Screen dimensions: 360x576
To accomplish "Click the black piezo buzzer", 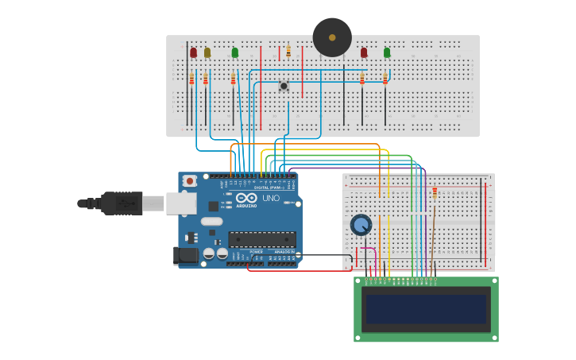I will tap(332, 37).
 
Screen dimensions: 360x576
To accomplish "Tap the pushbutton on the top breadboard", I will tap(284, 86).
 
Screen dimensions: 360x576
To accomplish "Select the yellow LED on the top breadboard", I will tap(207, 52).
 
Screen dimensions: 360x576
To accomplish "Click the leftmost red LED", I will tap(193, 52).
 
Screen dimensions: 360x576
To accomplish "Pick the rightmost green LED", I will tap(387, 52).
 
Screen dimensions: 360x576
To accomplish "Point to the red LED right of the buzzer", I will tap(364, 52).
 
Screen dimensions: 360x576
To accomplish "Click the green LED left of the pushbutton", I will tap(234, 52).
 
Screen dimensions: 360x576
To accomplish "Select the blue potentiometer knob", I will tap(361, 225).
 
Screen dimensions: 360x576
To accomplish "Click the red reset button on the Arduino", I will tap(189, 181).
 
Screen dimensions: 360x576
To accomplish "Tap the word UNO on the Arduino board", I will tap(271, 198).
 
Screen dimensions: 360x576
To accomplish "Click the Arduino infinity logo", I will tap(246, 197).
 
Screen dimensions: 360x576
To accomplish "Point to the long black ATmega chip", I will tap(262, 238).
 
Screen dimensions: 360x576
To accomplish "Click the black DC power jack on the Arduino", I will tap(186, 256).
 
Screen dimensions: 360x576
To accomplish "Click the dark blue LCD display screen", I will tap(426, 309).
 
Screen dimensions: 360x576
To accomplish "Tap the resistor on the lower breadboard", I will tap(435, 192).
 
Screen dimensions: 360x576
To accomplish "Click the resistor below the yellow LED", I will tap(205, 79).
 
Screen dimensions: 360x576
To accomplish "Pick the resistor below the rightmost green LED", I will tap(385, 79).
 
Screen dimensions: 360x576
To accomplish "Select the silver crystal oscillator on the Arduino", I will tap(211, 221).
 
